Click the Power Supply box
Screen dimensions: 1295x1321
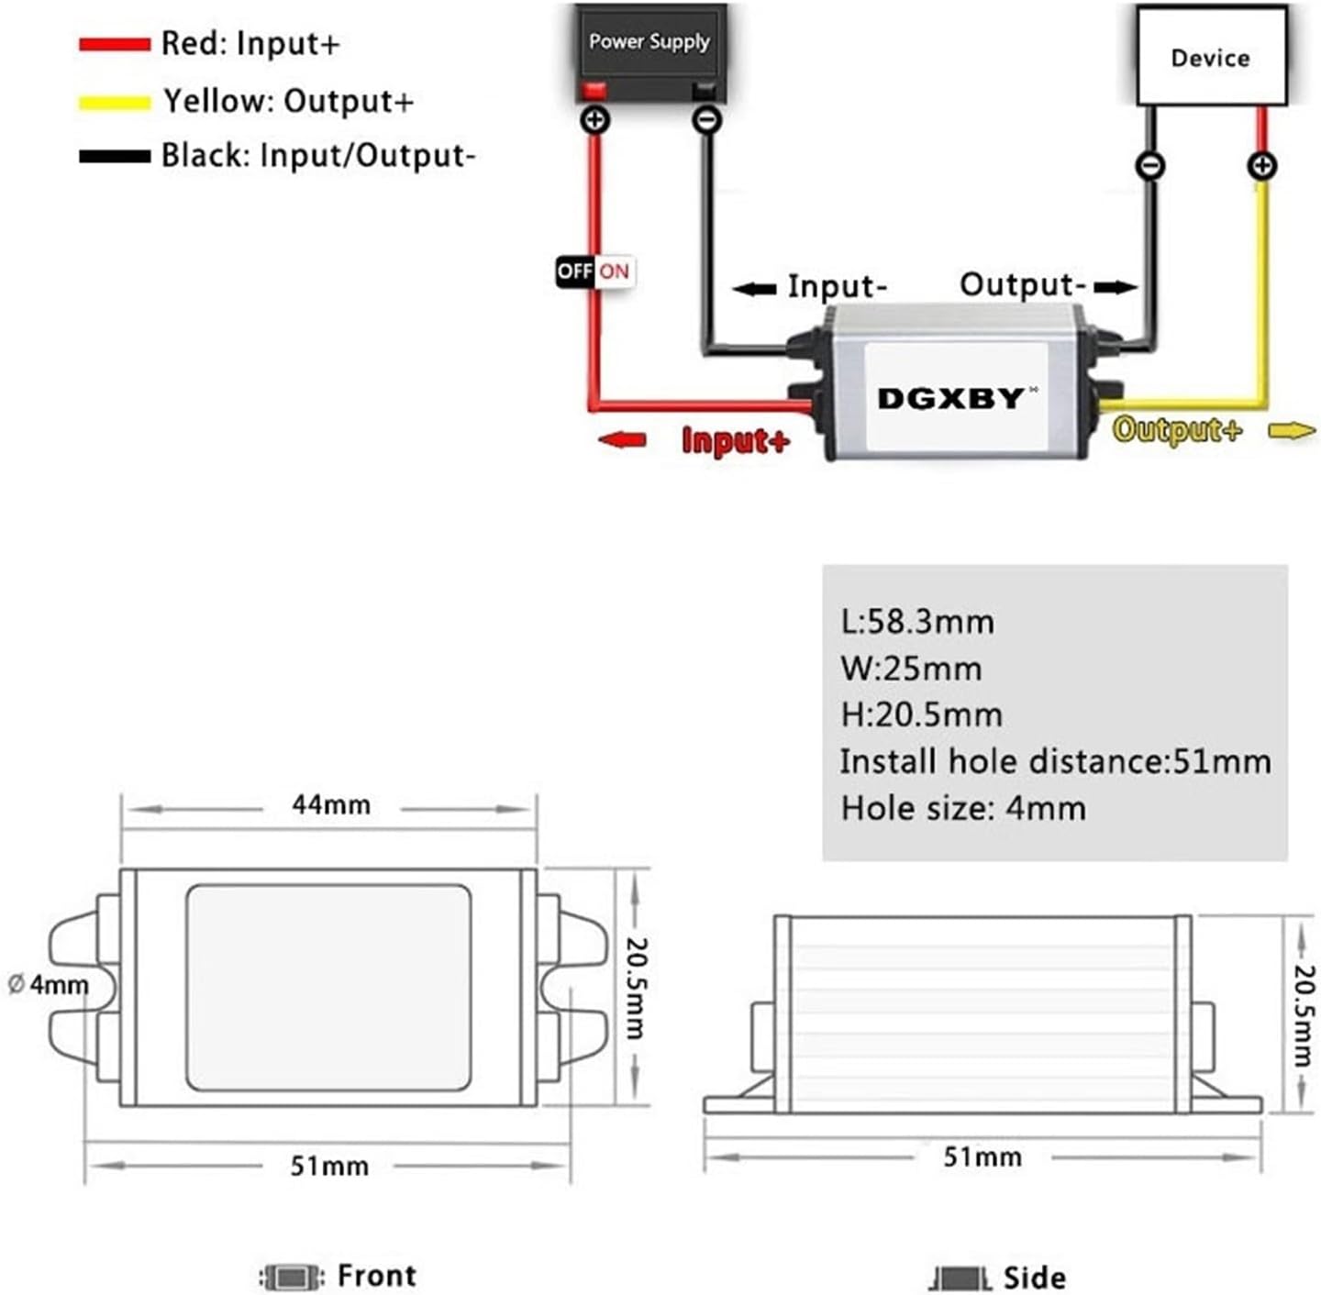tap(649, 42)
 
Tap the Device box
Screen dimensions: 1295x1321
tap(1210, 57)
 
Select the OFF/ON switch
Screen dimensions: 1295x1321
tap(594, 271)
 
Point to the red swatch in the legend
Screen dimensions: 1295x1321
tap(114, 44)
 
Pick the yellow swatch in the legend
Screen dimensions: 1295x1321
tap(114, 102)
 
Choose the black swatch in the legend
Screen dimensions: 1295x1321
tap(114, 156)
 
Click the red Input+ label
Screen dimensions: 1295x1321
tap(735, 441)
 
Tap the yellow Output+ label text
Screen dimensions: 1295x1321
tap(1177, 429)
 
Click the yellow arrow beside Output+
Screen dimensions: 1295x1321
tap(1292, 430)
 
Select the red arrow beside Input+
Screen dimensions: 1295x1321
tap(622, 440)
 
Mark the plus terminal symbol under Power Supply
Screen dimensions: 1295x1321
tap(595, 119)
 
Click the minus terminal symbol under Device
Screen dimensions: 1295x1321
tap(1150, 166)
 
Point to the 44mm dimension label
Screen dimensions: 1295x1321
tap(331, 805)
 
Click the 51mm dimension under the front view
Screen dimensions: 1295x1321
tap(329, 1166)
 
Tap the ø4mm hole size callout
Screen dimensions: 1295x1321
tap(49, 985)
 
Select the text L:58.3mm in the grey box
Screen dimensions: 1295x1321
tap(916, 622)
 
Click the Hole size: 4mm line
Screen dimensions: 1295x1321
tap(962, 808)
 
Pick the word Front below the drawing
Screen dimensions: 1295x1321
tap(376, 1275)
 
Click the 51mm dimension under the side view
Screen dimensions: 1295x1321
tap(982, 1157)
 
